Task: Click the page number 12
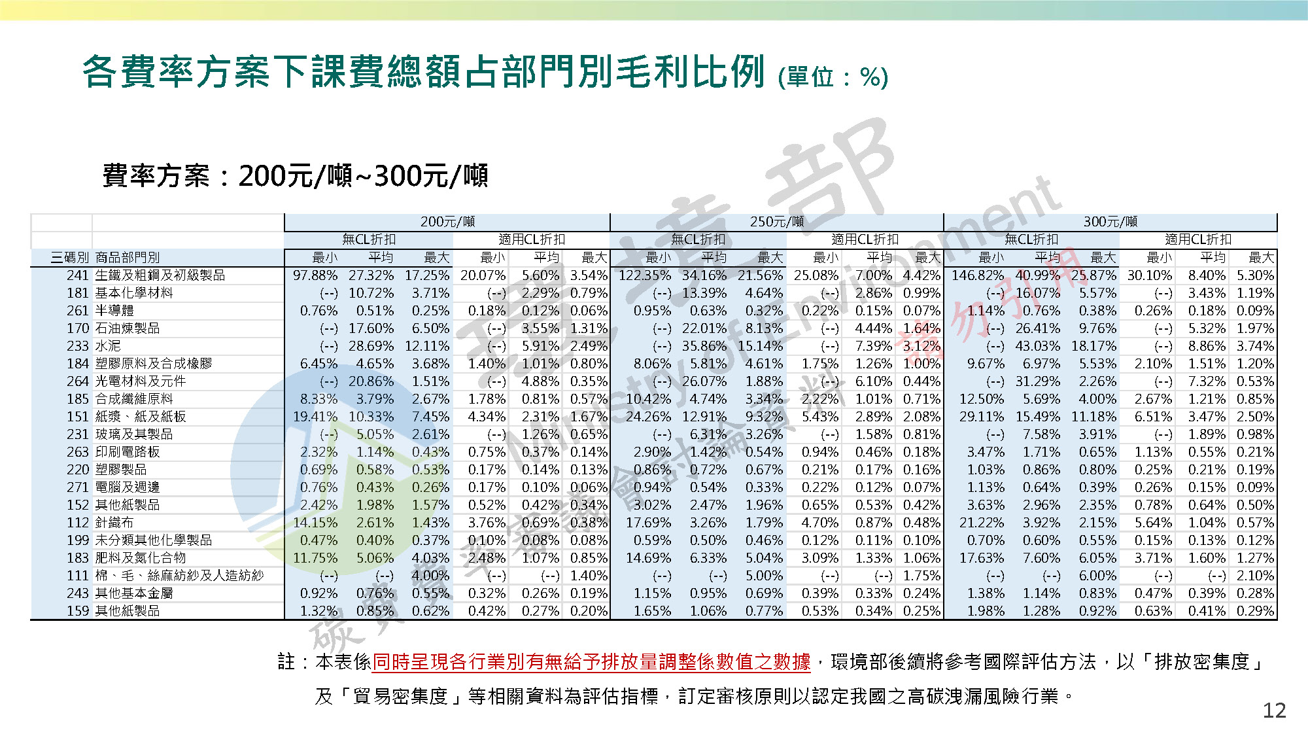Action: coord(1274,710)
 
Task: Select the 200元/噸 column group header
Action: coord(447,222)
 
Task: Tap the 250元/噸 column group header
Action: coord(776,222)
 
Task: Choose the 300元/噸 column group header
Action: coord(1110,222)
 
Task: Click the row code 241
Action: coord(77,275)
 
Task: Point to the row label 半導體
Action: coord(114,311)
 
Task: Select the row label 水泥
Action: coord(108,346)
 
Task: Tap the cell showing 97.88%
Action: coord(315,275)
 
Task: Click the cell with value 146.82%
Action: coord(978,275)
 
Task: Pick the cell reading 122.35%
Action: coord(644,275)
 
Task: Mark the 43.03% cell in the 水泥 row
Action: coord(1037,346)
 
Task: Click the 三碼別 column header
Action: coord(69,258)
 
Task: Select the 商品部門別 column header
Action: coord(128,258)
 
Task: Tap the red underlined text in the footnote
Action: coord(591,662)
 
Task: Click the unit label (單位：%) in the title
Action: coord(833,77)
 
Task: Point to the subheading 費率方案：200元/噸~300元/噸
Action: coord(295,176)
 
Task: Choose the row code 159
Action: coord(77,611)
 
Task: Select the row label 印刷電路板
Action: coord(128,452)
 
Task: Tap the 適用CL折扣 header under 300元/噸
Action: coord(1197,240)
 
